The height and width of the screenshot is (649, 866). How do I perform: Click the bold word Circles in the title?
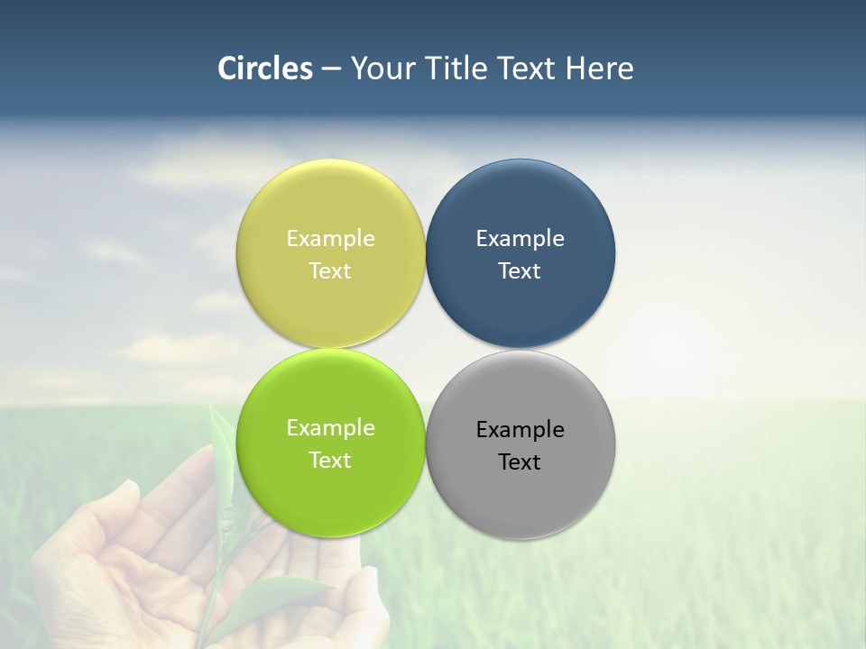[265, 69]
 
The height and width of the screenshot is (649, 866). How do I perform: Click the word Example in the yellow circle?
[330, 239]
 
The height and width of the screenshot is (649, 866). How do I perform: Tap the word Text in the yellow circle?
[330, 271]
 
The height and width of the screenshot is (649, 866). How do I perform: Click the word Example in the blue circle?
[521, 239]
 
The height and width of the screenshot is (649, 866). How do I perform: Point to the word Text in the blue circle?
[521, 271]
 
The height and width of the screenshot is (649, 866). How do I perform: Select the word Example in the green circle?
[330, 428]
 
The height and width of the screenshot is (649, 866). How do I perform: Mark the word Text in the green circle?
[330, 461]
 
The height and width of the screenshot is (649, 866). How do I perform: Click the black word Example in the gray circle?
[521, 430]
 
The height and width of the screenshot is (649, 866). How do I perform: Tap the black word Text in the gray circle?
[521, 462]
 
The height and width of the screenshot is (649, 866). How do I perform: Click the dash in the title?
[331, 69]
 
